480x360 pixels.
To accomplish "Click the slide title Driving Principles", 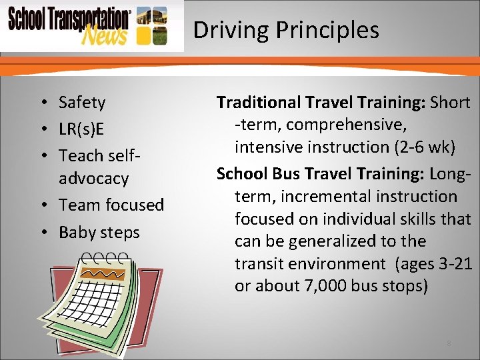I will click(285, 30).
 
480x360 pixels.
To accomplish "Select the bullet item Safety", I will click(82, 103).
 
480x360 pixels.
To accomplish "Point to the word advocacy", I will click(93, 179).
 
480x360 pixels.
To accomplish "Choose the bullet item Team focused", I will click(111, 205).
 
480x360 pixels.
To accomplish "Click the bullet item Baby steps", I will click(99, 233).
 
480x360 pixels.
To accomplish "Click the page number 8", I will click(449, 343).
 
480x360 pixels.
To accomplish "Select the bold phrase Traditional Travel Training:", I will click(321, 103).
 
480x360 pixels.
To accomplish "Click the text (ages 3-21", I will click(434, 264).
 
